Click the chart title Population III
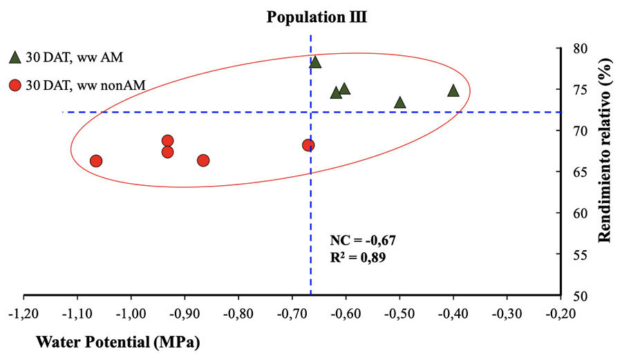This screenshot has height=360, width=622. (x=317, y=17)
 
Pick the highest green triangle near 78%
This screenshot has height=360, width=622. (x=315, y=62)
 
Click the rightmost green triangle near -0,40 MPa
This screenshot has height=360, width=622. (x=453, y=91)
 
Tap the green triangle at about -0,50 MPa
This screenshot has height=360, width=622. (x=399, y=102)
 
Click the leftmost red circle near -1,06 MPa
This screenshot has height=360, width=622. (x=96, y=161)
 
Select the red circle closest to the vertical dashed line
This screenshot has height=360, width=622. (x=308, y=145)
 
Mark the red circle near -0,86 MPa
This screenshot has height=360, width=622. (x=203, y=160)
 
